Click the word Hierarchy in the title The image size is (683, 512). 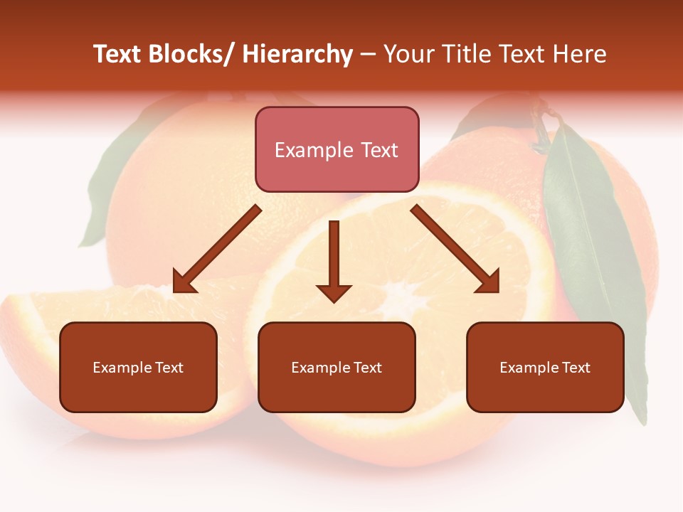(x=297, y=55)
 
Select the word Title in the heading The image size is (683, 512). (x=466, y=55)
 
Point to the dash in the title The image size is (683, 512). (x=368, y=55)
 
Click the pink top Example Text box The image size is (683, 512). (x=337, y=149)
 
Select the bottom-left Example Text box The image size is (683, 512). (x=138, y=367)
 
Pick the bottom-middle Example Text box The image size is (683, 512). (x=337, y=367)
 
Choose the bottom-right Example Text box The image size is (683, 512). (x=545, y=367)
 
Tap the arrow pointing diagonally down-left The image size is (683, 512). (x=217, y=250)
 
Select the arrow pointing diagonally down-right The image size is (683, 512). (x=455, y=249)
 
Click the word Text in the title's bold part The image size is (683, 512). (x=117, y=55)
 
